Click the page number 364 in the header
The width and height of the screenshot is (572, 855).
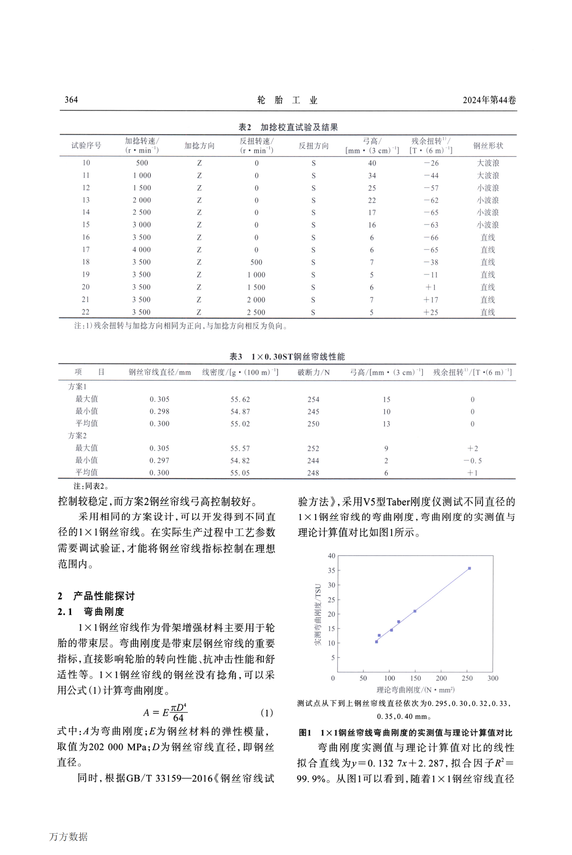[x=71, y=100]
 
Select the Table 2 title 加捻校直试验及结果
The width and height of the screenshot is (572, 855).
[x=299, y=127]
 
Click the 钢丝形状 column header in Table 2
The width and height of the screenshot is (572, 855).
[x=488, y=146]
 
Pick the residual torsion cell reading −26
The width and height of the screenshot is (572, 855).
[x=431, y=163]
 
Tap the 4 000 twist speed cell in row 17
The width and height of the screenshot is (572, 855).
[x=141, y=250]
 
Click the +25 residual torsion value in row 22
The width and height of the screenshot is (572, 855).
[x=431, y=312]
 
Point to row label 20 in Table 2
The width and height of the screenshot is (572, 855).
[x=86, y=287]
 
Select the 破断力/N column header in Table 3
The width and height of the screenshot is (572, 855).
[x=314, y=372]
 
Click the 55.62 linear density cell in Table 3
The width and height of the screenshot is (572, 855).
[x=240, y=399]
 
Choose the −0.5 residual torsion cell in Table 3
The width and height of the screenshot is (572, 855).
[x=473, y=461]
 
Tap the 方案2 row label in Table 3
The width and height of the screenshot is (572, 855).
[x=77, y=436]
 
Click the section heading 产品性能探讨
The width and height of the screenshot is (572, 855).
[x=104, y=596]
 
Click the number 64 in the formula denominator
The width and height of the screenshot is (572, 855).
[x=178, y=717]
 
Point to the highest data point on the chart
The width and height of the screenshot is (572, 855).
[x=469, y=568]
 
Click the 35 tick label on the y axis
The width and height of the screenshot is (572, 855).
[x=331, y=570]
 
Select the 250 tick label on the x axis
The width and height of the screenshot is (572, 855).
[x=467, y=678]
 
